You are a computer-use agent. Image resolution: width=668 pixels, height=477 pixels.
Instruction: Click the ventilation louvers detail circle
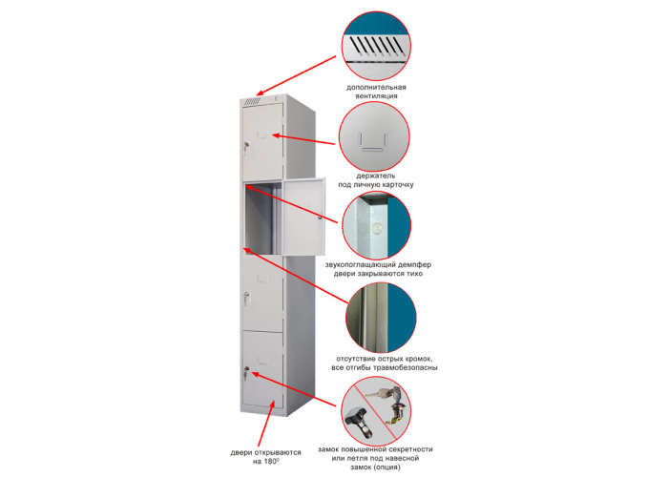click(x=378, y=40)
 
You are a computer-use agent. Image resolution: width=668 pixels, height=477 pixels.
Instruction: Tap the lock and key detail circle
click(x=377, y=410)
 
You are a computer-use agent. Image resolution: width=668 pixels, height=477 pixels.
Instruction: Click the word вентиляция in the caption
click(x=372, y=96)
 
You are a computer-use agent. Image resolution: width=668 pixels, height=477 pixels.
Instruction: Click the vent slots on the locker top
click(x=252, y=101)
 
